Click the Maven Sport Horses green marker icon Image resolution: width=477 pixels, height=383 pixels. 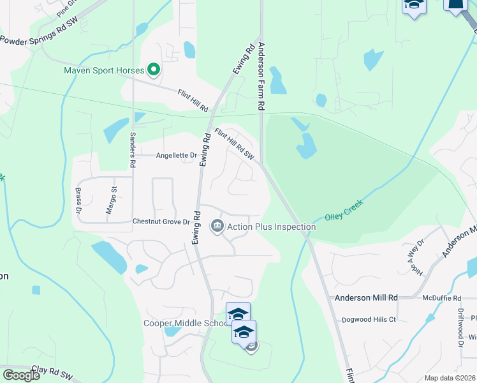(x=153, y=70)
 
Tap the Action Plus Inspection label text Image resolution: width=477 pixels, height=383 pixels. (x=271, y=227)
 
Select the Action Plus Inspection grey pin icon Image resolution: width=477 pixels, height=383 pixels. (x=217, y=227)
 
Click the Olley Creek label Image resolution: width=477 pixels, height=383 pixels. (x=344, y=211)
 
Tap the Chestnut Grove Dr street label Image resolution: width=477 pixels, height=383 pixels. (x=161, y=222)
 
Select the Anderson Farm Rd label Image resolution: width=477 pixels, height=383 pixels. (x=261, y=77)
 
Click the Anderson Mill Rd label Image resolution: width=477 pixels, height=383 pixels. (x=366, y=298)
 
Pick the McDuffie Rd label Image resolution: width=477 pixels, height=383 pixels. (x=441, y=298)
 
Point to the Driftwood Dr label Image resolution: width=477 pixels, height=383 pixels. (x=460, y=329)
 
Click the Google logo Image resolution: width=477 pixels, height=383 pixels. (x=21, y=375)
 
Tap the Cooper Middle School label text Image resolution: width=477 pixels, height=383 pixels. (x=186, y=323)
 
